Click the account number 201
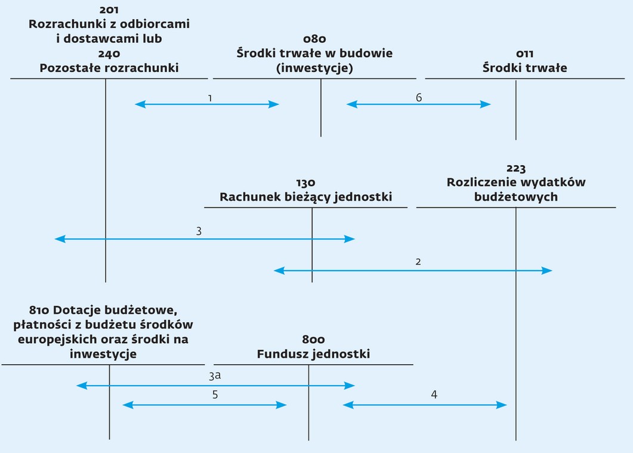click(x=109, y=10)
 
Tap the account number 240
click(x=109, y=54)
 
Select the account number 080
click(x=314, y=39)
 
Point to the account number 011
click(x=524, y=54)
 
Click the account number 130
click(x=305, y=183)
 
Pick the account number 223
click(x=516, y=168)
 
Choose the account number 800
click(x=313, y=339)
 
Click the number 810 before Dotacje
click(x=39, y=310)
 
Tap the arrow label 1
click(x=210, y=98)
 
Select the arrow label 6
click(x=419, y=98)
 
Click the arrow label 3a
click(x=215, y=376)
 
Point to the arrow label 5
click(x=215, y=395)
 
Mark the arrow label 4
click(x=434, y=395)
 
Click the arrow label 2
click(x=418, y=262)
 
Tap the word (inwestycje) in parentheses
click(x=314, y=68)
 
